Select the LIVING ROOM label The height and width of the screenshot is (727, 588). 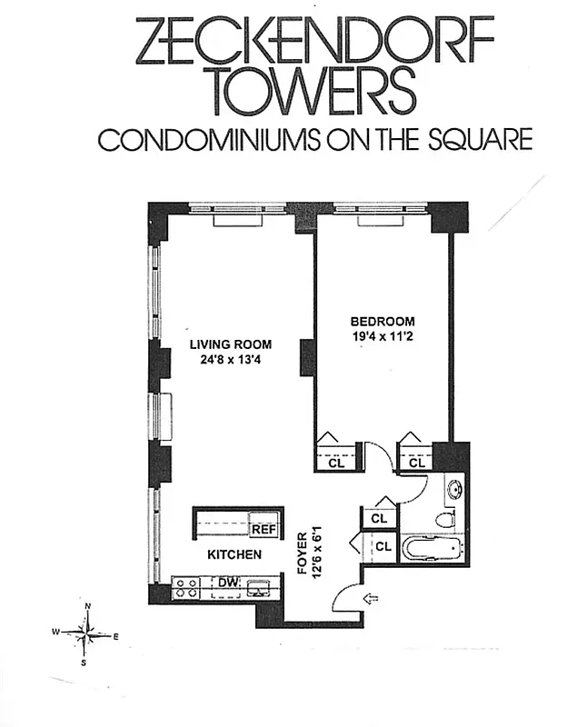pyautogui.click(x=231, y=344)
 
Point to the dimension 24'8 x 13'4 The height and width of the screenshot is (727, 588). pyautogui.click(x=231, y=358)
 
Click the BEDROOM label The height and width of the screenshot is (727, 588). pyautogui.click(x=383, y=321)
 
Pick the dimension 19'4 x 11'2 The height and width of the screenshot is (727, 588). pyautogui.click(x=383, y=335)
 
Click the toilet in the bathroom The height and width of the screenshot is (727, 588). pyautogui.click(x=443, y=519)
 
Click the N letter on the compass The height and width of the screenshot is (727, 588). pyautogui.click(x=87, y=606)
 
